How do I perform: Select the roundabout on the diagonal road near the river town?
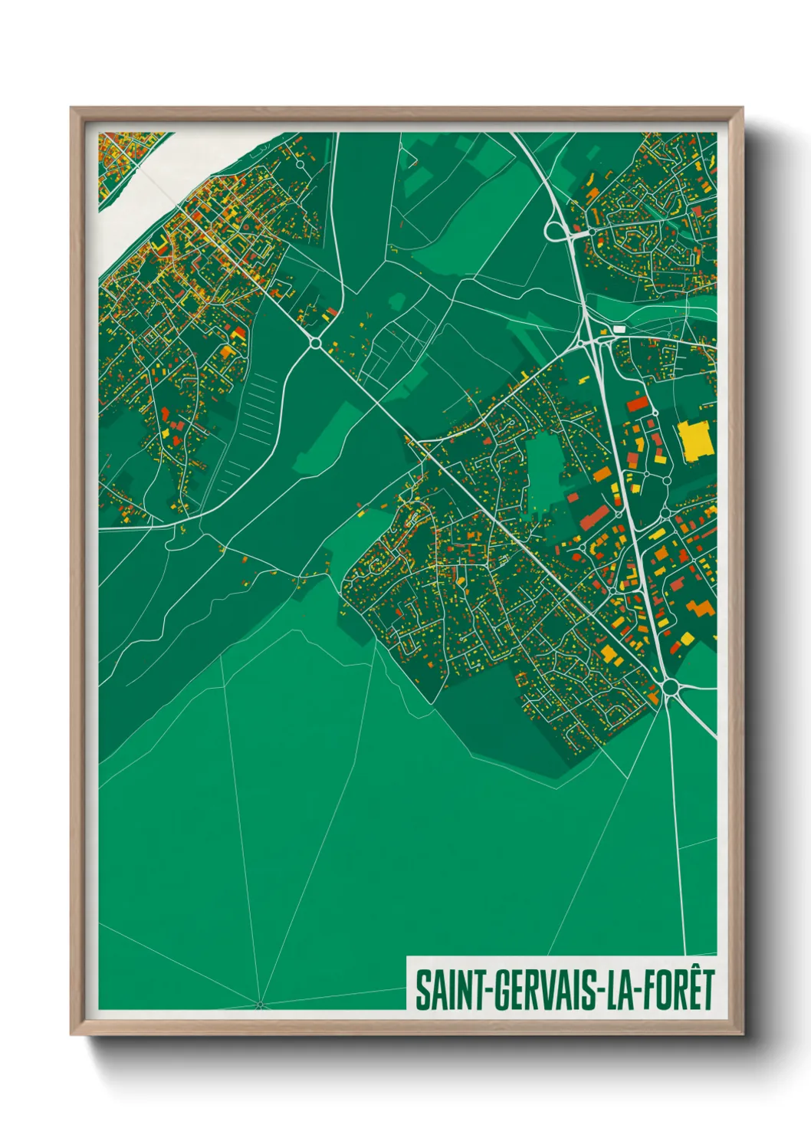(316, 343)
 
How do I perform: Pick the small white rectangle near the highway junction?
(619, 328)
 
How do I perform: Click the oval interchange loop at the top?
(553, 230)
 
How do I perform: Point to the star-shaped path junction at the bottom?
(259, 1003)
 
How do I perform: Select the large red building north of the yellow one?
(637, 403)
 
